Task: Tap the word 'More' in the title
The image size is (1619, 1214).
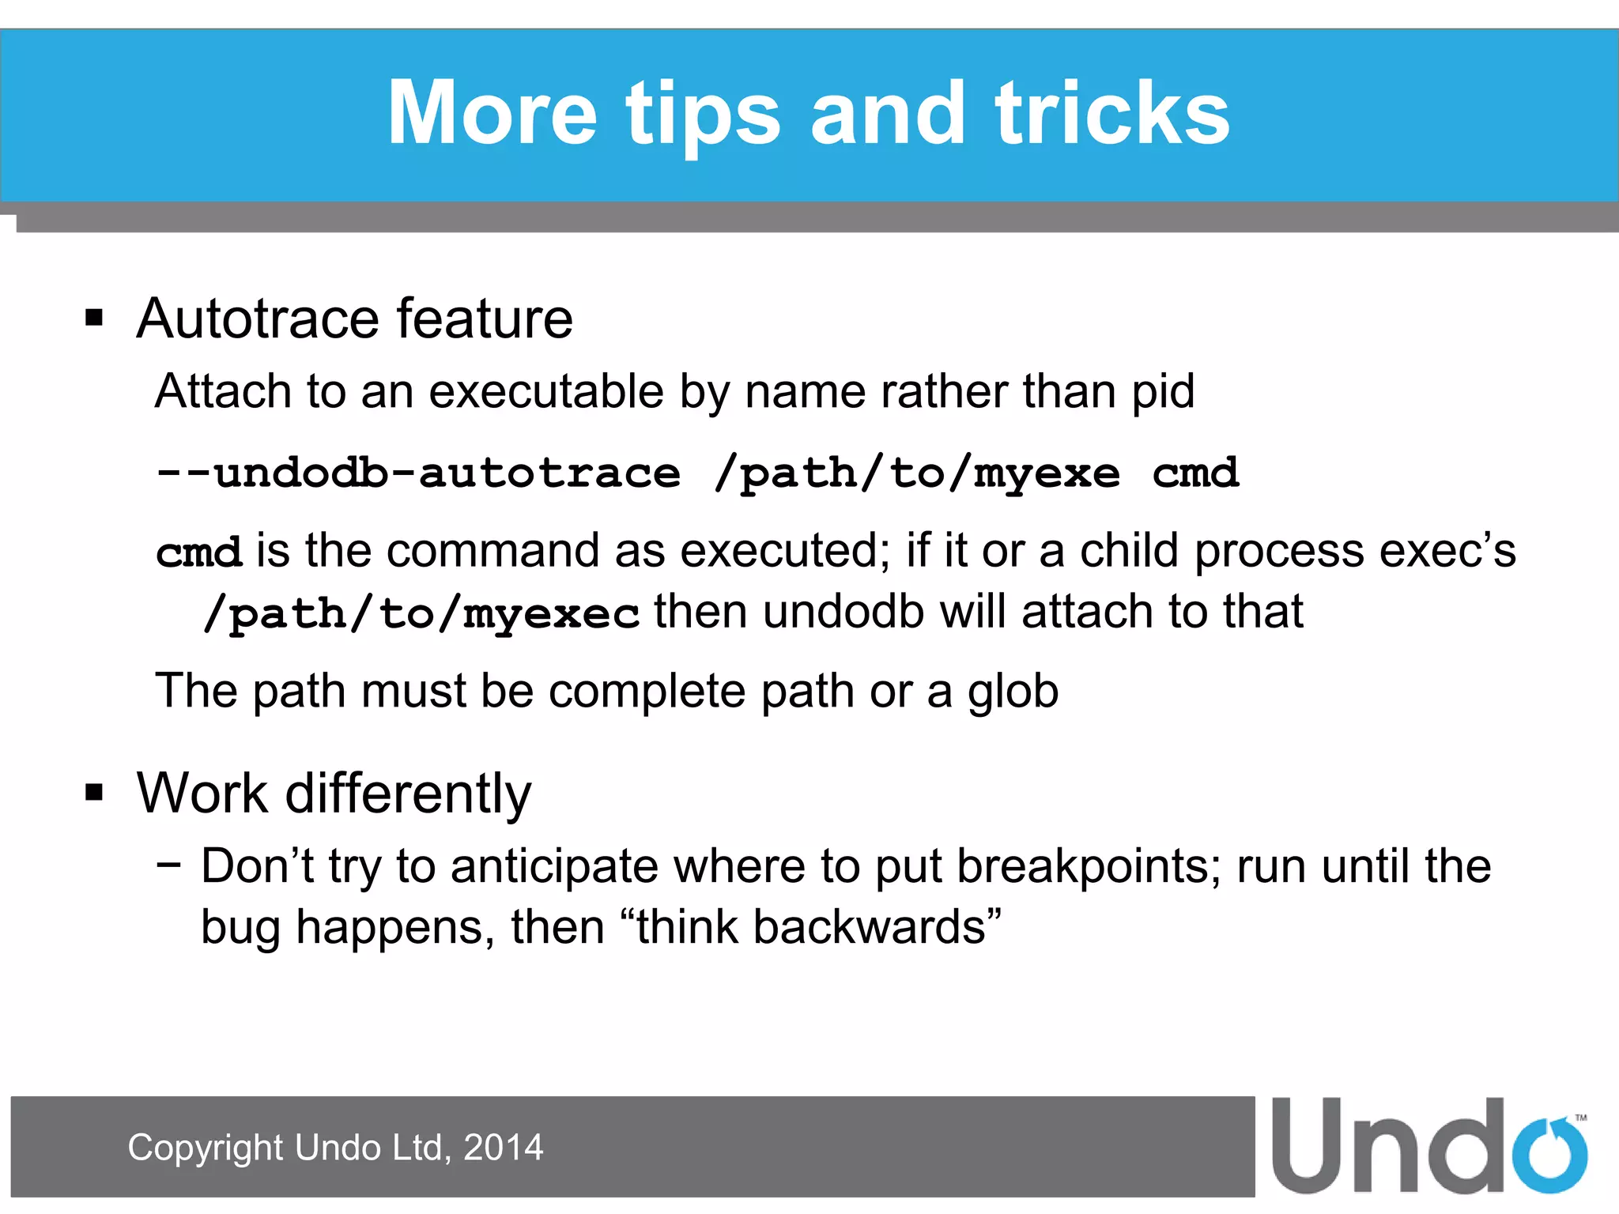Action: pos(491,115)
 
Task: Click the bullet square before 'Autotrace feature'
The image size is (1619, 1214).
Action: pos(94,318)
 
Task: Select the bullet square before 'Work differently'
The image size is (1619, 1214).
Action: pos(94,792)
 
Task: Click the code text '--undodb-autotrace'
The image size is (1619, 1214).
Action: pos(417,474)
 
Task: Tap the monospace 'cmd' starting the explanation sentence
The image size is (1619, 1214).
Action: pos(198,552)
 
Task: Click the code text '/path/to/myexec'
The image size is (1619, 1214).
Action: pos(421,614)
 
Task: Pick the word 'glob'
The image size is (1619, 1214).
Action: pos(1013,692)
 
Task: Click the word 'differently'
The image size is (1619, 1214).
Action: pos(408,793)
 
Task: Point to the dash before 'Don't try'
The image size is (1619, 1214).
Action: pos(168,863)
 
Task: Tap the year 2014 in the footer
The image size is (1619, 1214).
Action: pos(504,1148)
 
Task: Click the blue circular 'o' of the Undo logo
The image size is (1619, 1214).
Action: pos(1549,1155)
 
